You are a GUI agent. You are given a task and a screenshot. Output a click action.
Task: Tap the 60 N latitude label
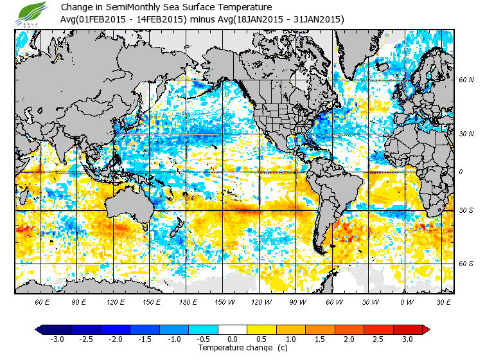[466, 80]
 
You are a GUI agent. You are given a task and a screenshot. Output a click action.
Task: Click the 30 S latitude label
[466, 211]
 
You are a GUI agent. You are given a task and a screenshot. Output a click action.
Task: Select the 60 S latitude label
[466, 264]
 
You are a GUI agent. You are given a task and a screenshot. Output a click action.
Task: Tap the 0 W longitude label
[406, 301]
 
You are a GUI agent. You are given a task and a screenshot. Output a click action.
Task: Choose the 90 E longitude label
[78, 301]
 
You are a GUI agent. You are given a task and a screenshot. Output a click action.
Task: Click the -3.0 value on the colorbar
[57, 339]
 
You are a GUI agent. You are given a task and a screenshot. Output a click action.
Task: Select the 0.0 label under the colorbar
[233, 339]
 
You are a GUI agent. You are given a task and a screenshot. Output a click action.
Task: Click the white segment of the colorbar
[233, 329]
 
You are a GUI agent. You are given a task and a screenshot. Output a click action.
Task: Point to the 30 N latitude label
[466, 134]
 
